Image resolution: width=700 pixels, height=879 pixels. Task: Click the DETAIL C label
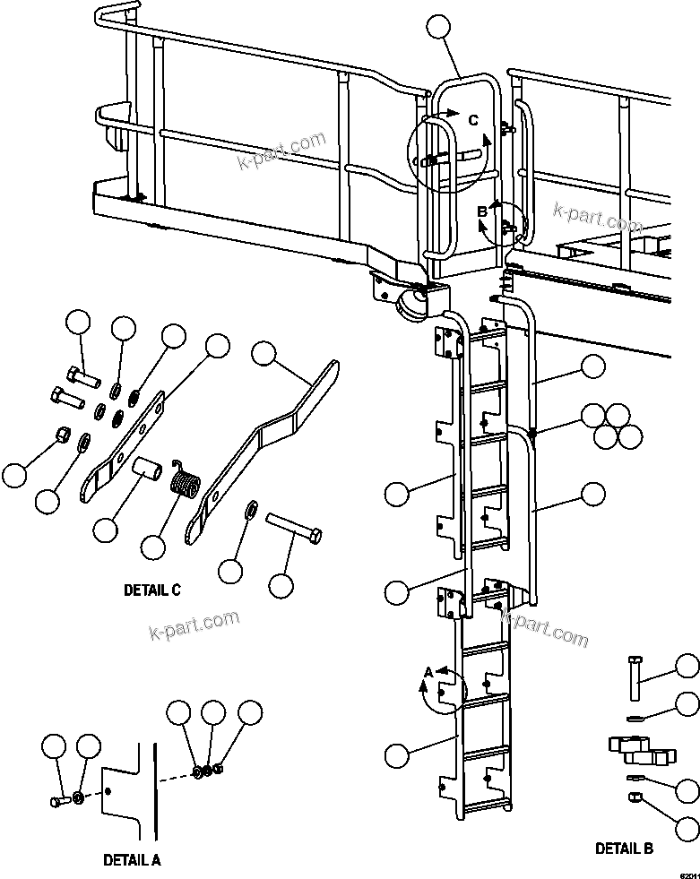(x=152, y=590)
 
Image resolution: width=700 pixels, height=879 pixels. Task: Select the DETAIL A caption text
(x=132, y=859)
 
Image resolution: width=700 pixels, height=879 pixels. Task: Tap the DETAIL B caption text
(x=625, y=848)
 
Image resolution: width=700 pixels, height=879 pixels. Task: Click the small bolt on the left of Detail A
(x=58, y=800)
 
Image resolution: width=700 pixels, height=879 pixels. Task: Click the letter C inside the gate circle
(x=473, y=118)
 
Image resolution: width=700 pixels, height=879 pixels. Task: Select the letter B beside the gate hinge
(x=481, y=211)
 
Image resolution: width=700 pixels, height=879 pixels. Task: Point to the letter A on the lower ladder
(x=428, y=671)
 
